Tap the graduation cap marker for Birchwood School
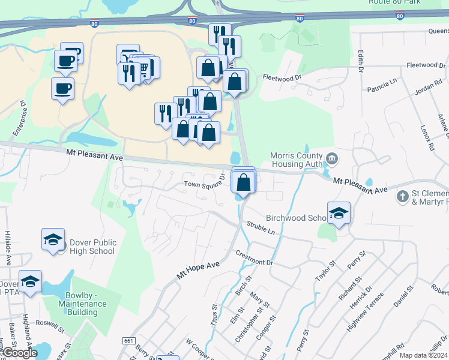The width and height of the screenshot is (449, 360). pyautogui.click(x=339, y=214)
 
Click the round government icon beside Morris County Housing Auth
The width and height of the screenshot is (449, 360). pyautogui.click(x=332, y=158)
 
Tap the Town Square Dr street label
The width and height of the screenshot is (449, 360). pyautogui.click(x=204, y=181)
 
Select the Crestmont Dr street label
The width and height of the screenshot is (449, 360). pyautogui.click(x=254, y=257)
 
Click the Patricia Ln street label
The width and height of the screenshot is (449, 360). pyautogui.click(x=383, y=85)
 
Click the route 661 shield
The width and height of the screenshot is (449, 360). pyautogui.click(x=128, y=340)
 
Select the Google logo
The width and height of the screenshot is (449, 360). pyautogui.click(x=19, y=353)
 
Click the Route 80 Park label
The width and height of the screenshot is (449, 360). pyautogui.click(x=408, y=3)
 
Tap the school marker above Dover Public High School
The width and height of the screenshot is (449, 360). pyautogui.click(x=53, y=239)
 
